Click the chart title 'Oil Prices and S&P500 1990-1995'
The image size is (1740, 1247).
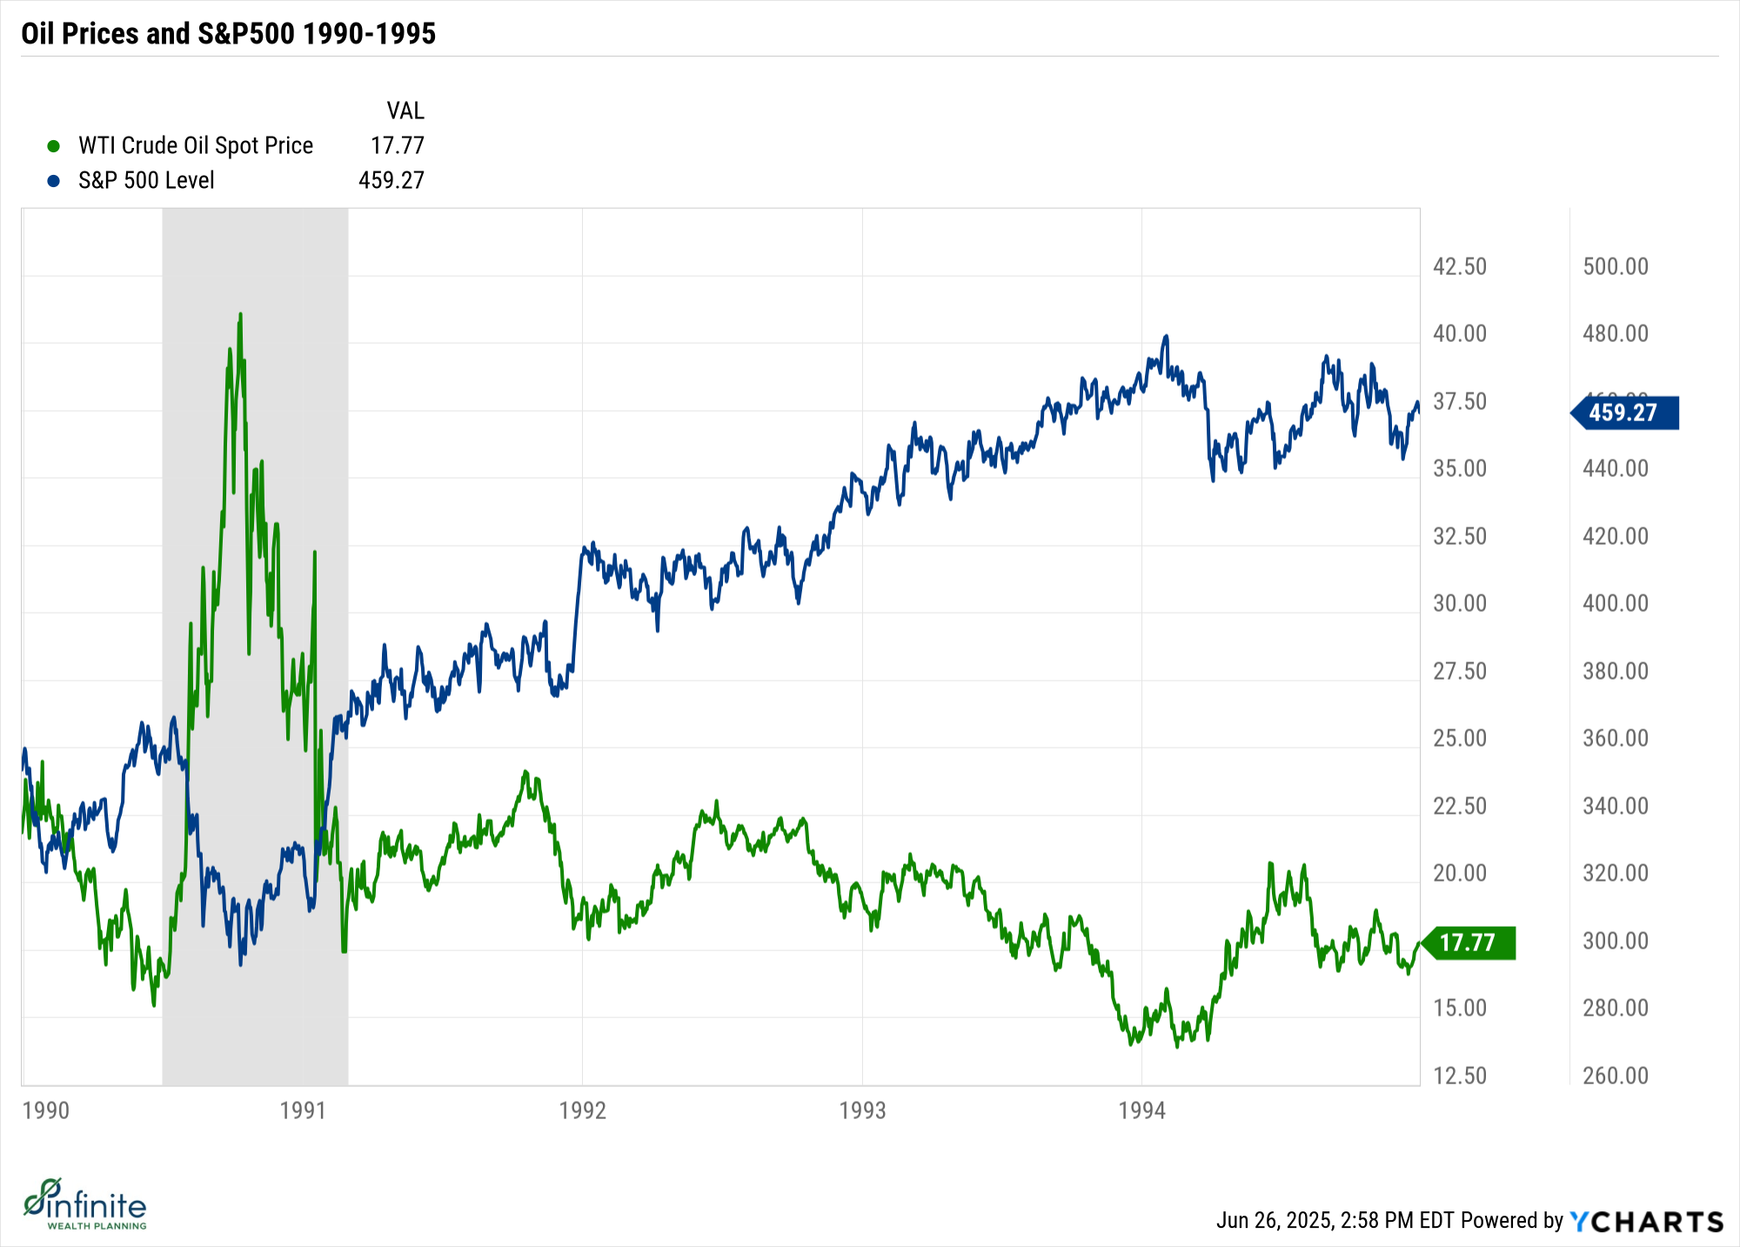228,34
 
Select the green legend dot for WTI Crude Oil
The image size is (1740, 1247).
53,146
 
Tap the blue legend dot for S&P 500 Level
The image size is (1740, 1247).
53,181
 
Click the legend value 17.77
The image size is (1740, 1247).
397,145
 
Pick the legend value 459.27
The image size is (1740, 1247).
391,180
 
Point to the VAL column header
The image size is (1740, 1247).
405,111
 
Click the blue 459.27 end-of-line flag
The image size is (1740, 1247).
1624,412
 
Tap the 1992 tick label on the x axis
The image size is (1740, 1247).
582,1110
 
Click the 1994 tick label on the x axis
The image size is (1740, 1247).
1141,1110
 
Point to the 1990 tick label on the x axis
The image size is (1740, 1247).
45,1110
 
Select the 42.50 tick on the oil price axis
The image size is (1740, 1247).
1460,266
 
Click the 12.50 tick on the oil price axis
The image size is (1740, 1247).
1460,1076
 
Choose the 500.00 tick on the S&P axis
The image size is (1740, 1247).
1616,266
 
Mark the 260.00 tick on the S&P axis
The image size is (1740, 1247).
1616,1076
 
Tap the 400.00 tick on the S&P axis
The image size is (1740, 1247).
1616,603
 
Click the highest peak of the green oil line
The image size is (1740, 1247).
240,314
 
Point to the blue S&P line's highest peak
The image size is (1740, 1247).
1166,336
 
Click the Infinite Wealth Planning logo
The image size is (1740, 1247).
85,1205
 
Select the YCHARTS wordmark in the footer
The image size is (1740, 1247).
1646,1222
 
